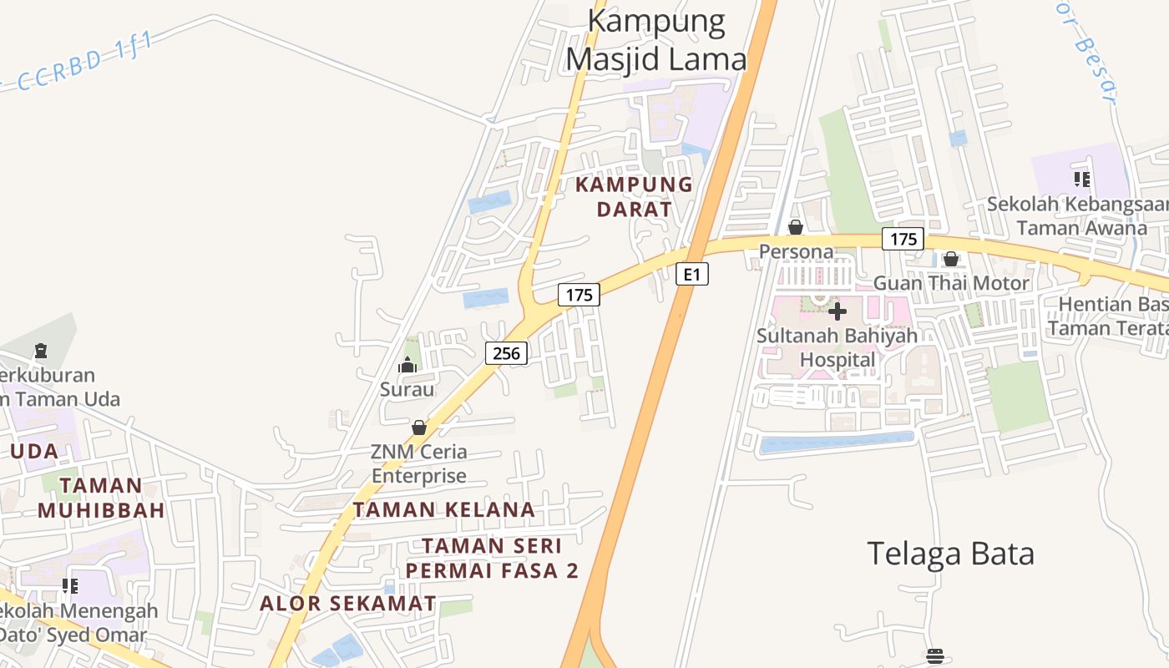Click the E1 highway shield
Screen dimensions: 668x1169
(x=691, y=274)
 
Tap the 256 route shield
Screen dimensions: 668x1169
(x=506, y=353)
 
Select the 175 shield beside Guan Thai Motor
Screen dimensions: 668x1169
(x=903, y=239)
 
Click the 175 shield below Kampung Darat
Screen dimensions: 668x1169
(x=579, y=294)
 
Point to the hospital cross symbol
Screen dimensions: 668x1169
(x=838, y=311)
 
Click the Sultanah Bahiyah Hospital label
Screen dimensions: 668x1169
(x=838, y=347)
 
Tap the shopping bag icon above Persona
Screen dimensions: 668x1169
(x=796, y=227)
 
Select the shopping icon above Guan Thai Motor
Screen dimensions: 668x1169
(x=950, y=259)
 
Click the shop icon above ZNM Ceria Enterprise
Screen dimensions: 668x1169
(x=419, y=428)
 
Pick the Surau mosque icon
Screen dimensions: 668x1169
(x=407, y=365)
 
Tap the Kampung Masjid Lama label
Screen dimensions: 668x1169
(x=656, y=40)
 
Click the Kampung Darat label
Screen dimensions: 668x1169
(x=634, y=196)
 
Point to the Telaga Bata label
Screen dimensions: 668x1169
(x=950, y=553)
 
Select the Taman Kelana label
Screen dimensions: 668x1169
(x=443, y=509)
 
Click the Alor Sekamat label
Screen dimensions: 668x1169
(x=348, y=603)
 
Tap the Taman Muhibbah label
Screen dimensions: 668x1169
(x=101, y=498)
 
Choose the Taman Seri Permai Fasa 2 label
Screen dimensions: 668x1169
(x=492, y=558)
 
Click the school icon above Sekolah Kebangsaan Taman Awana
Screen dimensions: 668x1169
(x=1082, y=179)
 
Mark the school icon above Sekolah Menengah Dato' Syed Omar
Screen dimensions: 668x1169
(x=70, y=585)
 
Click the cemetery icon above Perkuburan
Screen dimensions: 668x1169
(x=40, y=350)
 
